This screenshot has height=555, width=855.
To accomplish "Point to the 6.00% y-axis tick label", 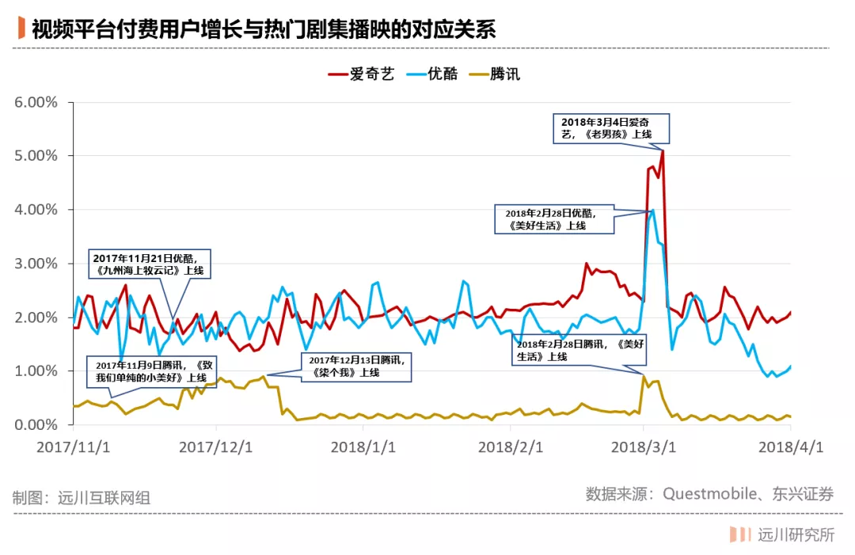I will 36,102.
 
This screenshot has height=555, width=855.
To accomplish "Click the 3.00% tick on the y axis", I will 36,264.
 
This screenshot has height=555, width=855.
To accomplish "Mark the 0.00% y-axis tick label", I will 36,425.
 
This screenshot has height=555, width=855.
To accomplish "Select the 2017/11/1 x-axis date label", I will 73,447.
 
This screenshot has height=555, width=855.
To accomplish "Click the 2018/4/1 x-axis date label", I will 791,447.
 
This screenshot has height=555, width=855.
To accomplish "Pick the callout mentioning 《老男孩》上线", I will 610,128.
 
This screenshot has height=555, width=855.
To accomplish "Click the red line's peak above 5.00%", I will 662,150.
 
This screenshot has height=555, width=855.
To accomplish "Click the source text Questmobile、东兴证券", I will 709,495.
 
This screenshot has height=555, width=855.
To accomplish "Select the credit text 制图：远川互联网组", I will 82,498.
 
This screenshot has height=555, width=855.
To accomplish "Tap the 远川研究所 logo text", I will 796,535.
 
